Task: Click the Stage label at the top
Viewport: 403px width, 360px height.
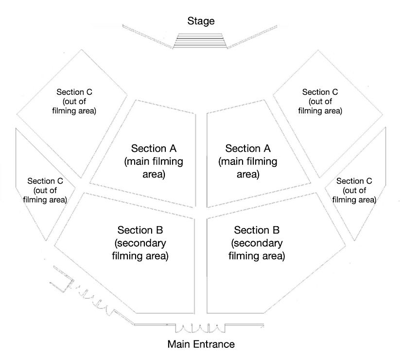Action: [201, 21]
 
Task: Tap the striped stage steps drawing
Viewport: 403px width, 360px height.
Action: [201, 40]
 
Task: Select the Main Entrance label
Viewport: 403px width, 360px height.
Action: [201, 344]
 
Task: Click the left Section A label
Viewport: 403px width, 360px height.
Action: [154, 148]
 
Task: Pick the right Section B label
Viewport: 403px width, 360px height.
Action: [257, 230]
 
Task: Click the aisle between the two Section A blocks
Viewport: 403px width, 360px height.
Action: [201, 156]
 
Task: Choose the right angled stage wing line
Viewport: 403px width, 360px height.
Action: [253, 36]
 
